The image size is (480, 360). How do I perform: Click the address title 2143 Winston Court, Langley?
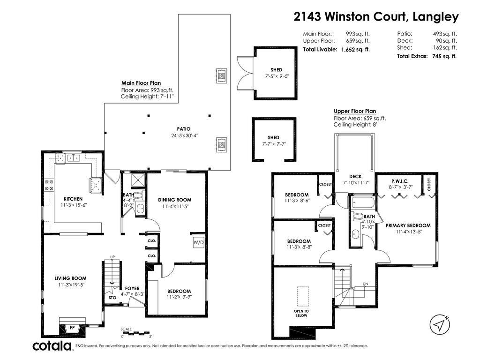[x=376, y=16]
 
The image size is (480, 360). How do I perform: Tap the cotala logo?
[x=52, y=345]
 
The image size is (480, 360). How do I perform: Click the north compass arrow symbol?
[x=440, y=324]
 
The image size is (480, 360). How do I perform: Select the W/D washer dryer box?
[x=198, y=242]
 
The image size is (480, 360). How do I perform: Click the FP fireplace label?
[x=72, y=328]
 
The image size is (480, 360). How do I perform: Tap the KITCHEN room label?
[x=73, y=199]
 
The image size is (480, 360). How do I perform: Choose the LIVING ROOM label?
[x=70, y=278]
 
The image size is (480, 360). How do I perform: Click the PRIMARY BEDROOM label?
[x=408, y=225]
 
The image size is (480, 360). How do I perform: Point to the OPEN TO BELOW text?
[x=301, y=313]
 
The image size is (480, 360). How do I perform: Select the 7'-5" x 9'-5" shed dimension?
[x=277, y=76]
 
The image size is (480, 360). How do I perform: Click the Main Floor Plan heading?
[x=141, y=83]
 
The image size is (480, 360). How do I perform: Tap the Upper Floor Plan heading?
[x=355, y=111]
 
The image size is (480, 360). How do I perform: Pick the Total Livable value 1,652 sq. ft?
[x=355, y=49]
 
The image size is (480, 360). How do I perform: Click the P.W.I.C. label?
[x=400, y=181]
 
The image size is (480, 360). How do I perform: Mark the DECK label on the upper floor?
[x=355, y=177]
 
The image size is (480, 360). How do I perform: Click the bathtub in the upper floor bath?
[x=362, y=202]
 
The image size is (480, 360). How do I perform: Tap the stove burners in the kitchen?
[x=49, y=185]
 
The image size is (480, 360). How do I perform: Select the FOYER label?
[x=132, y=288]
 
